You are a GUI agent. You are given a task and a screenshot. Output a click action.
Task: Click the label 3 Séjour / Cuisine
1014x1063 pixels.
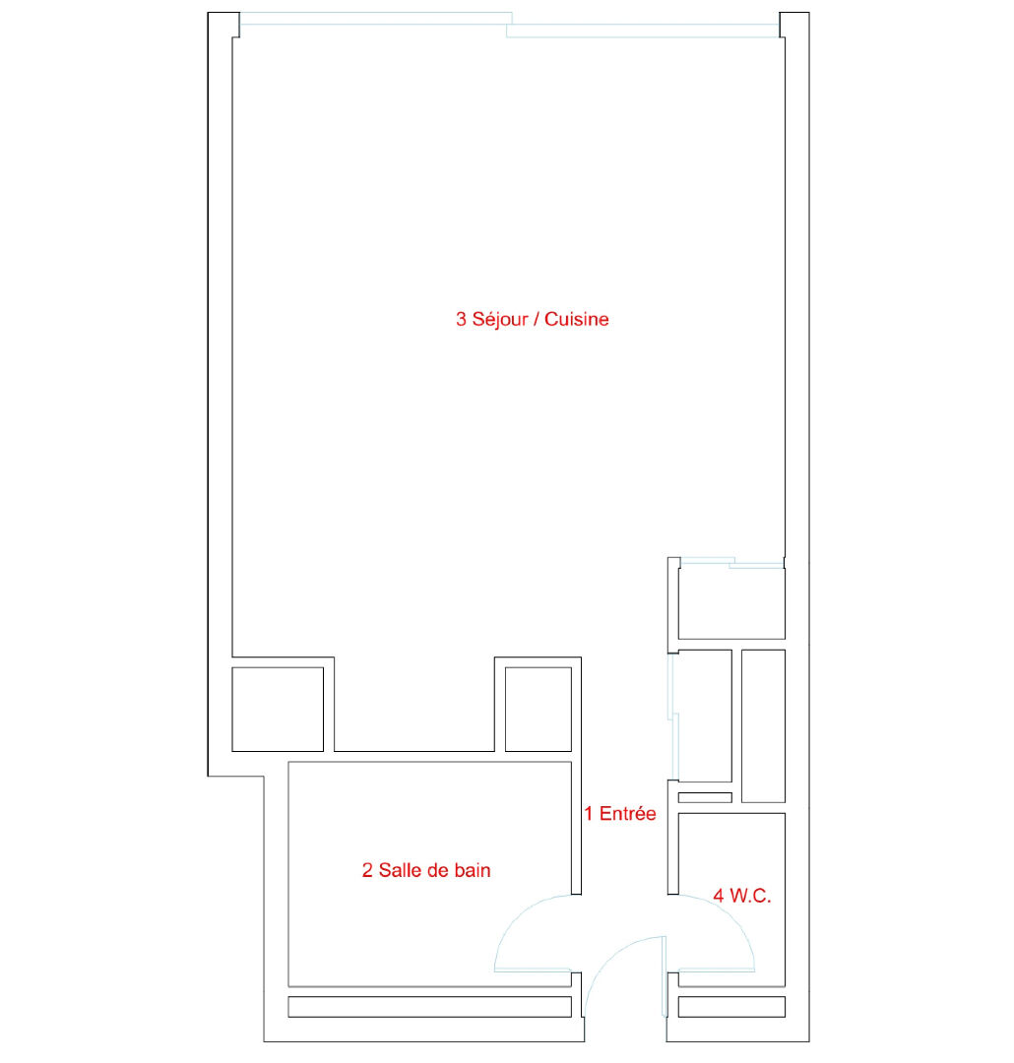pyautogui.click(x=532, y=319)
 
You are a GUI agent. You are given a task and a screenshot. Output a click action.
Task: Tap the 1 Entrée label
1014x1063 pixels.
pyautogui.click(x=620, y=813)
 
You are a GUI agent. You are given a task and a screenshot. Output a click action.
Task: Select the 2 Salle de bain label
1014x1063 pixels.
pyautogui.click(x=426, y=870)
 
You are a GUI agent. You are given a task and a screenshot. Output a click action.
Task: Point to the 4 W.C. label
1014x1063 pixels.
pyautogui.click(x=742, y=896)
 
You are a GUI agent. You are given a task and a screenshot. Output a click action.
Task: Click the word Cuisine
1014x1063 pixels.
pyautogui.click(x=577, y=319)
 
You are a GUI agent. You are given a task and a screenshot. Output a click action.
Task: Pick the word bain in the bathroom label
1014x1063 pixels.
pyautogui.click(x=473, y=870)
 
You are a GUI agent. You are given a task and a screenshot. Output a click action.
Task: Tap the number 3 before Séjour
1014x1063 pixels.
pyautogui.click(x=461, y=319)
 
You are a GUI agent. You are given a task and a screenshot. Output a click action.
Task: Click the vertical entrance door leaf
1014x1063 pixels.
pyautogui.click(x=665, y=976)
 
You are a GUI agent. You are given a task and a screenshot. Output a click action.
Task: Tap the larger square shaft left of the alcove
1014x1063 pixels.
pyautogui.click(x=278, y=709)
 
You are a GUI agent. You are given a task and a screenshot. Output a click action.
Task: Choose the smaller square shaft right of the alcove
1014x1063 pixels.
pyautogui.click(x=539, y=709)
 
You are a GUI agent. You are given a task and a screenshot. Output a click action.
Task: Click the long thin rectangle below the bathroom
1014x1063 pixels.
pyautogui.click(x=430, y=1007)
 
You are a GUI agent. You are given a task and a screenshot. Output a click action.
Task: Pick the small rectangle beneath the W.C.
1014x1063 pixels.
pyautogui.click(x=731, y=1007)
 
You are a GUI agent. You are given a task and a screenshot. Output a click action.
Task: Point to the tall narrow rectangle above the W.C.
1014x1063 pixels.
pyautogui.click(x=764, y=726)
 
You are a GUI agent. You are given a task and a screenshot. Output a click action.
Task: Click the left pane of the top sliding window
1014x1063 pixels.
pyautogui.click(x=376, y=19)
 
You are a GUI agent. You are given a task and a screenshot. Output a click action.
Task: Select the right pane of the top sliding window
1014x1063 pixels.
pyautogui.click(x=643, y=31)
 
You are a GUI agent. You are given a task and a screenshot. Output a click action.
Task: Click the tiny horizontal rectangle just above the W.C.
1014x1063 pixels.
pyautogui.click(x=706, y=798)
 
